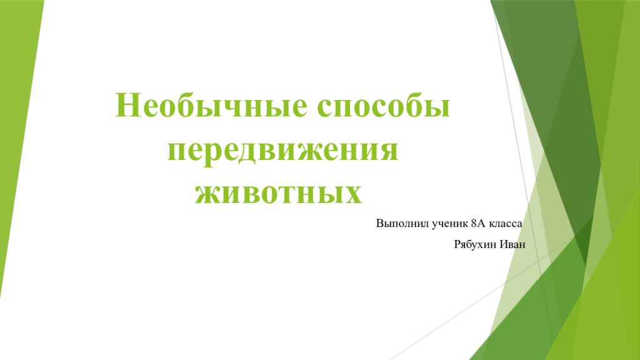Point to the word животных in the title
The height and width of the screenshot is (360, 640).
(279, 191)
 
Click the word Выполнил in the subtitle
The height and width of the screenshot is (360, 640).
(399, 223)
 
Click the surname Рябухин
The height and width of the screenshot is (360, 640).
(476, 243)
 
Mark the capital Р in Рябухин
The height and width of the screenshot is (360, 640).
(456, 243)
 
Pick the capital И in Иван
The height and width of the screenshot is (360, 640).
(504, 243)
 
